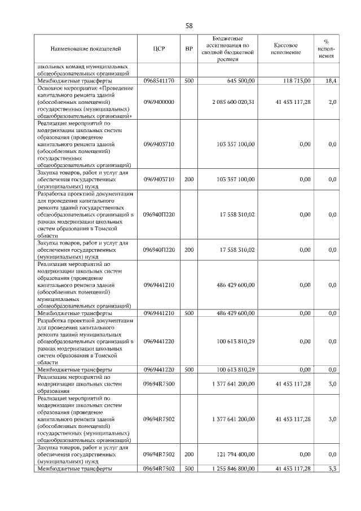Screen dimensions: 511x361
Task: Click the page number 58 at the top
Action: [189, 26]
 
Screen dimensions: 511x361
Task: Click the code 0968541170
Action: [159, 81]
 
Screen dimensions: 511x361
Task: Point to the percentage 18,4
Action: [331, 81]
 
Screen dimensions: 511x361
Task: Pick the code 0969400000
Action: [159, 102]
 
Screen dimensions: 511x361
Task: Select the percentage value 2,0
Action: [332, 102]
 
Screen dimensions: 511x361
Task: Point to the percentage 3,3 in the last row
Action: [332, 469]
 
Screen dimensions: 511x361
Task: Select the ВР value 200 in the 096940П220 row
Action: [189, 250]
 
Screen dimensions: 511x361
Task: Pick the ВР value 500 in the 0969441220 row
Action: [189, 370]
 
